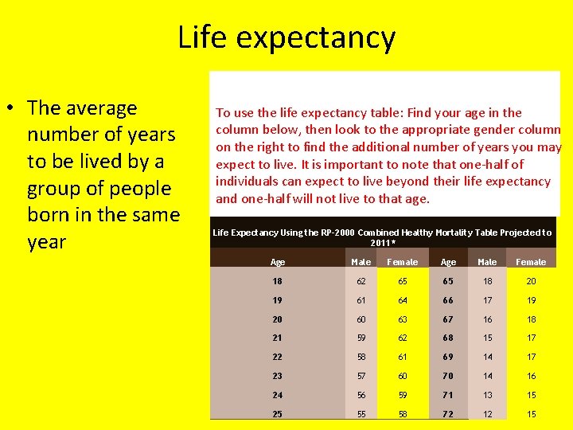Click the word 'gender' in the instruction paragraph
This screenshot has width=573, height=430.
point(489,130)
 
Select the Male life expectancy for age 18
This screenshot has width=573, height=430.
point(361,282)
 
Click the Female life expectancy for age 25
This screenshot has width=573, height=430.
point(402,415)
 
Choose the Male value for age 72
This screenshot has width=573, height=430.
point(487,415)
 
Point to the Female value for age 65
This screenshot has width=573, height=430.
point(531,282)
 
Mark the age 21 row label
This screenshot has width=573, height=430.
point(277,338)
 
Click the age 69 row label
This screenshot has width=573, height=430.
point(448,358)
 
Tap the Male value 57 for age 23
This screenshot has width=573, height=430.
point(361,377)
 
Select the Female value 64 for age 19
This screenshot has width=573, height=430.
point(402,301)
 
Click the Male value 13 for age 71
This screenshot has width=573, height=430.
point(487,396)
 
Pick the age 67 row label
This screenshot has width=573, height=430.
point(448,320)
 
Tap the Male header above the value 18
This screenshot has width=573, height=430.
point(487,262)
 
